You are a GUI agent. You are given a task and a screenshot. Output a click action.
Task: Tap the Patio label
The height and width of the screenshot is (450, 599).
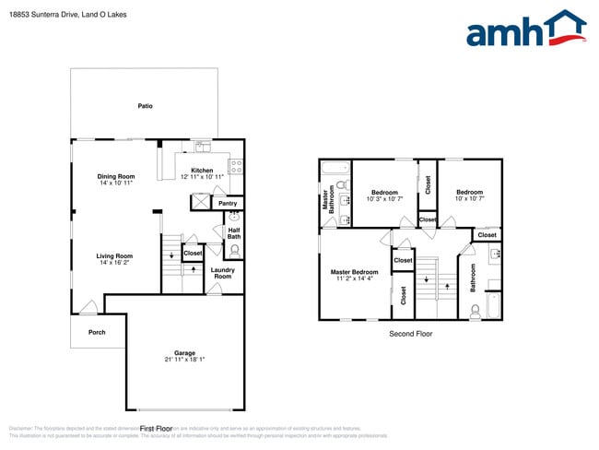coord(145,107)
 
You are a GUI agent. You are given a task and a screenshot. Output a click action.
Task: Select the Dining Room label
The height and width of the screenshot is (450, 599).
coord(116,176)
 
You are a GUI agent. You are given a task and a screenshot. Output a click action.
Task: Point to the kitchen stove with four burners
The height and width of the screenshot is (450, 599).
coord(235,167)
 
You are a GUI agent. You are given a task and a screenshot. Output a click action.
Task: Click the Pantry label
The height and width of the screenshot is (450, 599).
coord(227,203)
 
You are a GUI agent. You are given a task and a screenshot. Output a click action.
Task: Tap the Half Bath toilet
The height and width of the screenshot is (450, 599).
coord(234,248)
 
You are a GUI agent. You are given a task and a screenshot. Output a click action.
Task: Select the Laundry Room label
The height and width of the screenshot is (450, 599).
coord(222,273)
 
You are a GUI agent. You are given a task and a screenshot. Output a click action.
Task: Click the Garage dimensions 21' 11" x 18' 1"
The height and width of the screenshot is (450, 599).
coord(184,361)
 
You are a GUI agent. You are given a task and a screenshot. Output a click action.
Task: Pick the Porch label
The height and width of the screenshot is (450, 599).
coord(97,332)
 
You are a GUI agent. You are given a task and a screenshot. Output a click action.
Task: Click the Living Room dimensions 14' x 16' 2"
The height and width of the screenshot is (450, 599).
coord(116,264)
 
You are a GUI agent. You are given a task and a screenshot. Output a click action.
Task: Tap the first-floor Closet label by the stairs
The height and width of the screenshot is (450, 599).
coord(193,253)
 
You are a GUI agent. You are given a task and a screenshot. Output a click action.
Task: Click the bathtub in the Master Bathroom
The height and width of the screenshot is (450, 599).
coord(334,168)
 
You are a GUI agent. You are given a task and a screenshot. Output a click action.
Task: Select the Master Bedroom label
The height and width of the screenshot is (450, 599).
coord(354,272)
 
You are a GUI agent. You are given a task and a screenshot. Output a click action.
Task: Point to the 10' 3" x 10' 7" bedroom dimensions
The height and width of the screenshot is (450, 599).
coord(382,199)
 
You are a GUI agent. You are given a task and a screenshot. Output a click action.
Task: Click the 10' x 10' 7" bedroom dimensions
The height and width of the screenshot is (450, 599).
coord(469,199)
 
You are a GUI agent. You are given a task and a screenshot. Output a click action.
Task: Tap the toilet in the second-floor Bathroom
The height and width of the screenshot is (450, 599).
coord(476,314)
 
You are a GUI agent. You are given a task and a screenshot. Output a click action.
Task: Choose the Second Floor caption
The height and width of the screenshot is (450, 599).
coord(410,334)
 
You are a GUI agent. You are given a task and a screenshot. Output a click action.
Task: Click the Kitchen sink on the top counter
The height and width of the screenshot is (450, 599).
coord(201,148)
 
